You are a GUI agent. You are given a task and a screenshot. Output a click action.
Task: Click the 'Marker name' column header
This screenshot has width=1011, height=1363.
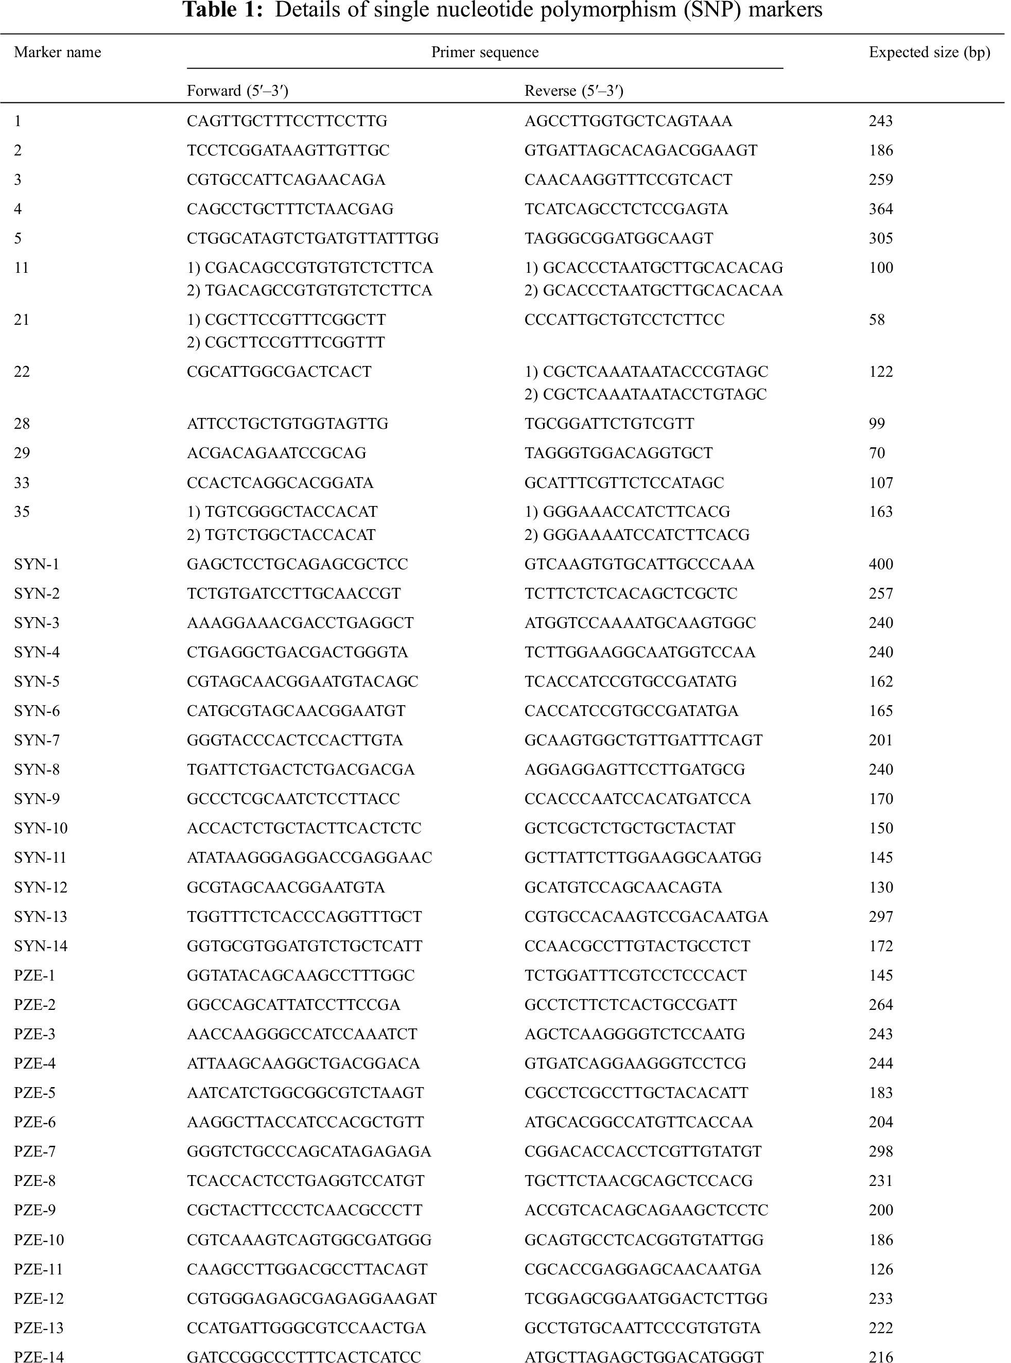pyautogui.click(x=58, y=53)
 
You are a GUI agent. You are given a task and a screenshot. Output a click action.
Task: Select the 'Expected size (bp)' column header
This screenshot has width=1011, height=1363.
pyautogui.click(x=929, y=53)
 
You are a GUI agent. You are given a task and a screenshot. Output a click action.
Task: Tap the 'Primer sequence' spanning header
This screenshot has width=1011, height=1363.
pyautogui.click(x=485, y=53)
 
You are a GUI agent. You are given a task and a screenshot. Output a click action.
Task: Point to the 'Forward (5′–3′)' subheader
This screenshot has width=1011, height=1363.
pyautogui.click(x=237, y=91)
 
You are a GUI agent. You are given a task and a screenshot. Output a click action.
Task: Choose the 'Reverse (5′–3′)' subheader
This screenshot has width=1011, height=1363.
pyautogui.click(x=573, y=91)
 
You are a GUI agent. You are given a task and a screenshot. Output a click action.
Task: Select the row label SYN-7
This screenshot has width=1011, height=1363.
pyautogui.click(x=37, y=740)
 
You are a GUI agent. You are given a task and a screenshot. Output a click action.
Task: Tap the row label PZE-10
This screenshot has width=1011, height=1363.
pyautogui.click(x=39, y=1239)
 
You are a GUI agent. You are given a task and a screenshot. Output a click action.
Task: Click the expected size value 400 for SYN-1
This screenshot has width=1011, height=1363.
pyautogui.click(x=881, y=564)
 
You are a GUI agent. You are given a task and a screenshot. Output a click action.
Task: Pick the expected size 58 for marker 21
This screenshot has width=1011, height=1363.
pyautogui.click(x=877, y=319)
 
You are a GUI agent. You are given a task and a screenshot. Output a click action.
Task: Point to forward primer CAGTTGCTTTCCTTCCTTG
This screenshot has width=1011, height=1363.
pyautogui.click(x=287, y=121)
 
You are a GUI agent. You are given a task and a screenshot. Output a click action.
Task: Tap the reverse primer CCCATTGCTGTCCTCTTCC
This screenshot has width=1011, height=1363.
pyautogui.click(x=624, y=319)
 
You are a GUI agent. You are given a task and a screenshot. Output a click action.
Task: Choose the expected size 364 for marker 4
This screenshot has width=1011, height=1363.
pyautogui.click(x=881, y=208)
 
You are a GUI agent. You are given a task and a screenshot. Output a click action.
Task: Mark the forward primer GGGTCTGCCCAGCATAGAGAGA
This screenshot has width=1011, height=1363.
pyautogui.click(x=309, y=1151)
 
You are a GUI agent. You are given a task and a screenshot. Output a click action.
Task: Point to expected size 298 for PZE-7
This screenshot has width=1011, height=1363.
pyautogui.click(x=881, y=1151)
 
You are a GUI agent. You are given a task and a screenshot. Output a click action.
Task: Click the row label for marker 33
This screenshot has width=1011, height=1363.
pyautogui.click(x=22, y=483)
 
